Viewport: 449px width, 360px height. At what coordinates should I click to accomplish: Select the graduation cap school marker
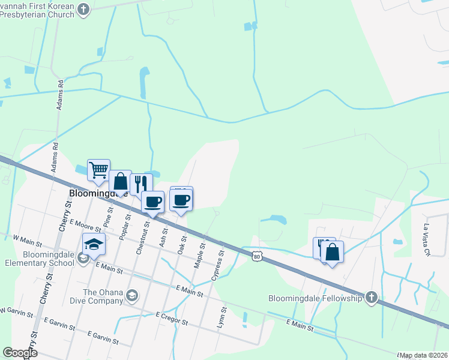coord(94,244)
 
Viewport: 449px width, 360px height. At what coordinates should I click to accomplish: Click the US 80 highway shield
coord(257,256)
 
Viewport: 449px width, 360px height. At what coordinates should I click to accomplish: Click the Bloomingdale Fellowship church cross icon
coord(372,298)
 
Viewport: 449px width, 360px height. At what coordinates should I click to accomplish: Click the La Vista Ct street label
coord(427,241)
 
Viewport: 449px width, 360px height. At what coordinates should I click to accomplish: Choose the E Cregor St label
coord(172,319)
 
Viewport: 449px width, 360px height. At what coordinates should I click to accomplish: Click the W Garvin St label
coord(14,310)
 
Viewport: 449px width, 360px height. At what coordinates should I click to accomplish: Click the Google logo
coord(19,353)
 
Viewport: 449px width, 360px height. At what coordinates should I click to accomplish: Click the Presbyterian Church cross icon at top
coord(83,9)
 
